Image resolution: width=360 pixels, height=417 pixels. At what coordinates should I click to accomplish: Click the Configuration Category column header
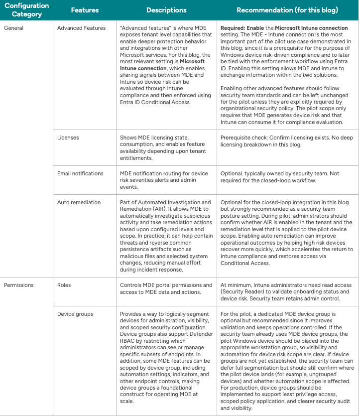27,10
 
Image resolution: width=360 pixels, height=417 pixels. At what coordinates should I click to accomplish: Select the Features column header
85,10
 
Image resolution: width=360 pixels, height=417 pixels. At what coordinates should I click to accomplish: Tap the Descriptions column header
166,10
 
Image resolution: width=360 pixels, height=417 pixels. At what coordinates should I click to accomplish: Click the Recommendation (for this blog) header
287,10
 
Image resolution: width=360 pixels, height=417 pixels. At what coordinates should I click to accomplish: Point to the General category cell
14,28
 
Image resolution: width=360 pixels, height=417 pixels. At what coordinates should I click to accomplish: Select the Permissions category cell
19,285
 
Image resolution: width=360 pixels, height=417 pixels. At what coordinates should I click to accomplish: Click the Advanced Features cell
81,28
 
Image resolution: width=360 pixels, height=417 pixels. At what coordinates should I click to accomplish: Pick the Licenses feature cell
68,138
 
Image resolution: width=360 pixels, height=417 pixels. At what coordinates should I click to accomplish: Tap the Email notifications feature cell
80,173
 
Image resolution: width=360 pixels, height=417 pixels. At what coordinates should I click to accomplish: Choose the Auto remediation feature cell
79,202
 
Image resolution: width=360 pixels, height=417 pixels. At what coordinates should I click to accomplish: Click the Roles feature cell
64,285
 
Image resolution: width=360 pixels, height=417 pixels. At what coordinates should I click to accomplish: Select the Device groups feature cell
75,314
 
